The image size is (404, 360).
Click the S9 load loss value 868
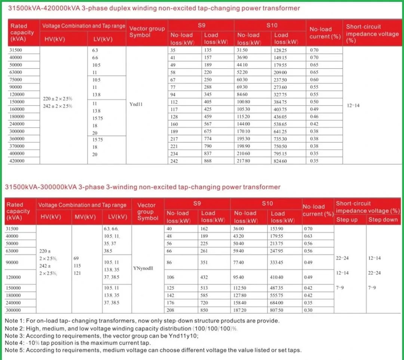208,161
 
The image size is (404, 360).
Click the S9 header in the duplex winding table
201,25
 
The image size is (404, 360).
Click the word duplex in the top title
105,8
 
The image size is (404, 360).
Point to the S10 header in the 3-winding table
267,203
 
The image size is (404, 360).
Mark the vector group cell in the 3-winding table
143,268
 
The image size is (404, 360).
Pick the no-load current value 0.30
308,310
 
